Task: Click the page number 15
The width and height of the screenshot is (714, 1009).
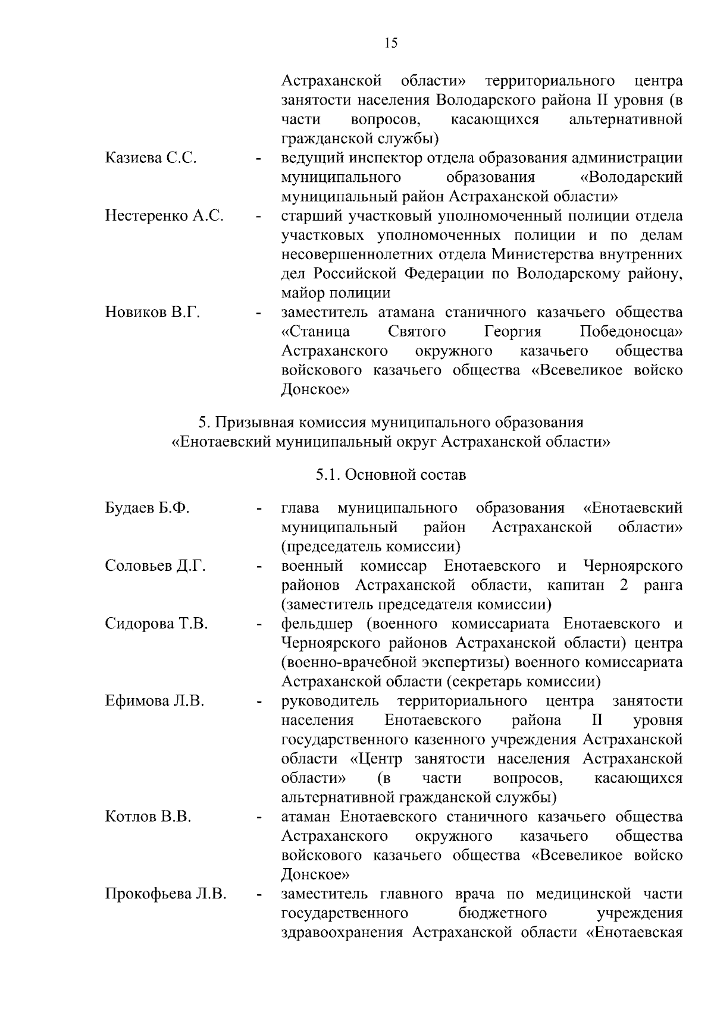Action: [391, 43]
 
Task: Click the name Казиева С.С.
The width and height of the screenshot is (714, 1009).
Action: [151, 158]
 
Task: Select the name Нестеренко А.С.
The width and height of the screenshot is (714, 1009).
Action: [164, 216]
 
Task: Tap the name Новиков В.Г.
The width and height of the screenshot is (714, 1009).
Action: [152, 312]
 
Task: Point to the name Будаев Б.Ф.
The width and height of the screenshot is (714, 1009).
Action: [147, 508]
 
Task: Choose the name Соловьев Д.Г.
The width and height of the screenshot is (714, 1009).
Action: [155, 566]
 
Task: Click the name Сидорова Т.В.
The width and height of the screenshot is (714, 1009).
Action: [156, 624]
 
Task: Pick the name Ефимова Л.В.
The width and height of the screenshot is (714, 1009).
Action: [155, 701]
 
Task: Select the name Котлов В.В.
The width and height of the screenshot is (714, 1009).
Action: [148, 817]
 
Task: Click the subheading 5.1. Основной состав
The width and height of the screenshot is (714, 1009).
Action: [391, 475]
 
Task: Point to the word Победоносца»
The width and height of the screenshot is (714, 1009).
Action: [631, 332]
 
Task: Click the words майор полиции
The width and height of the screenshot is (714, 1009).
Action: [336, 293]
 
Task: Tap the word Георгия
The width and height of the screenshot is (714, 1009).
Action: [513, 332]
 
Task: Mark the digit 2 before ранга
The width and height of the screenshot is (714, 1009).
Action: [624, 585]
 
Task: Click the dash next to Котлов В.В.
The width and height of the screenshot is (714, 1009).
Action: [258, 818]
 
